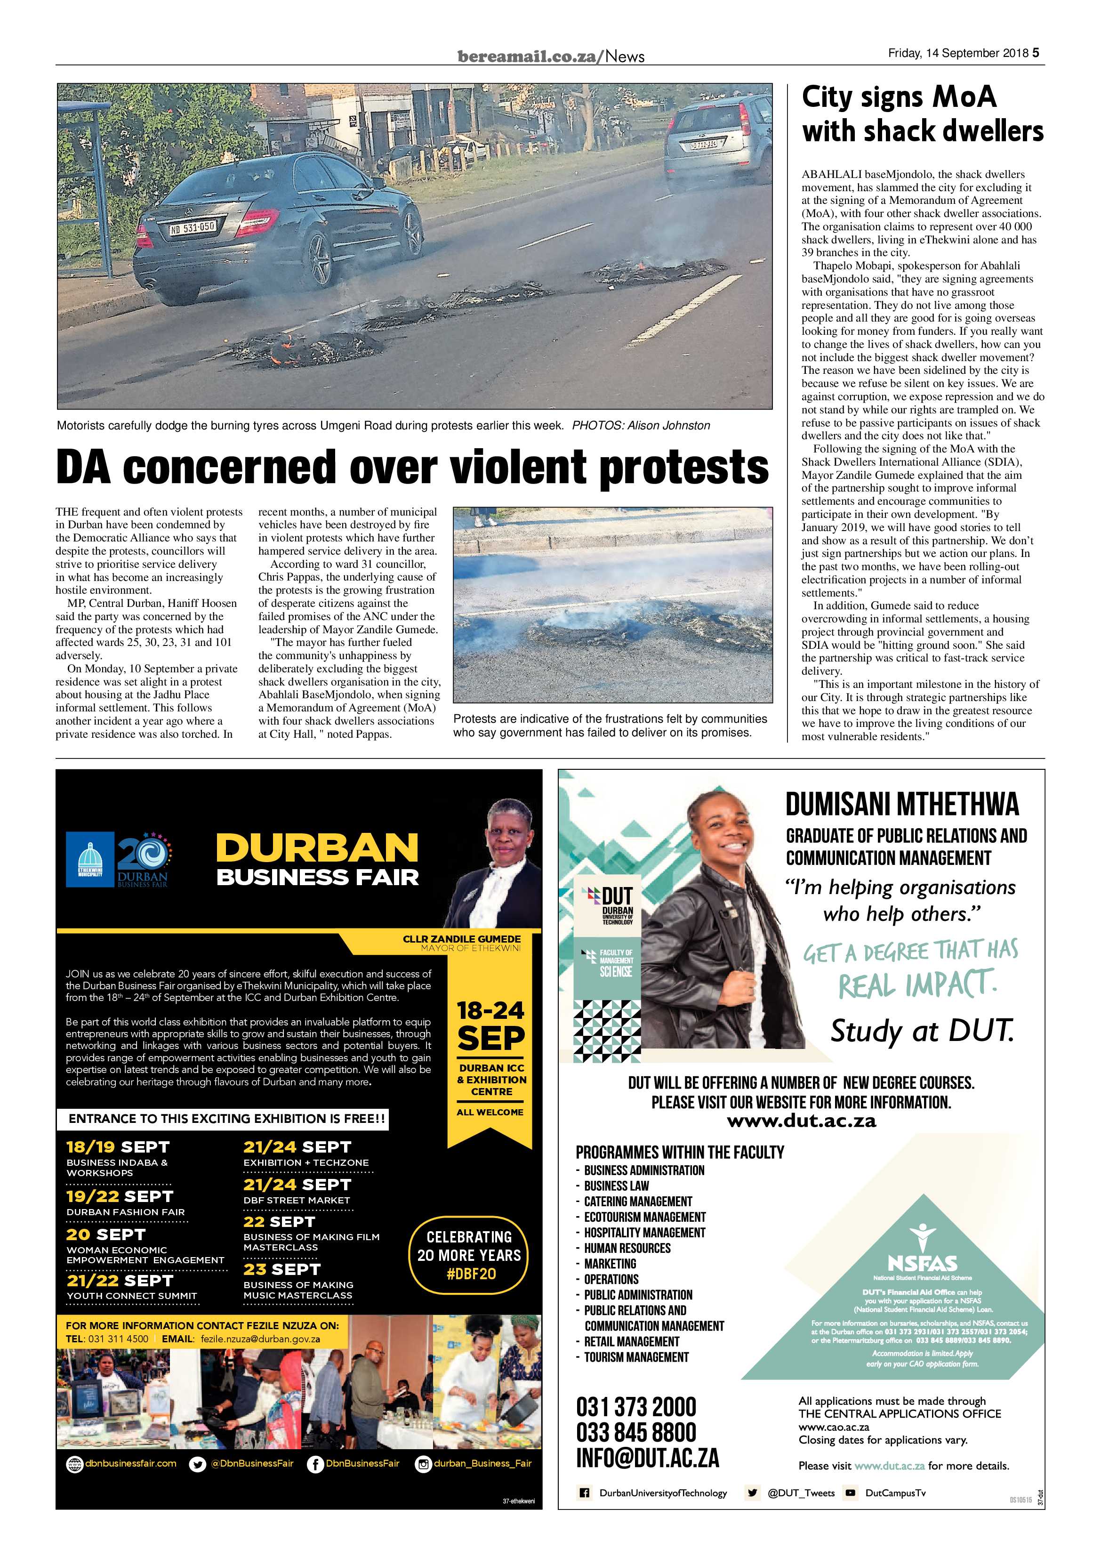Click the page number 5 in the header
(x=1036, y=53)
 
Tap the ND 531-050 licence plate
(x=192, y=228)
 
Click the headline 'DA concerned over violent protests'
(x=412, y=467)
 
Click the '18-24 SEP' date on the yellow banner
(x=491, y=1025)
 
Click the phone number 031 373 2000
(x=636, y=1407)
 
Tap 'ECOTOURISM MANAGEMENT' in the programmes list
(x=644, y=1217)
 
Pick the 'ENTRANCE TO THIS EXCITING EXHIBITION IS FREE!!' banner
(x=226, y=1119)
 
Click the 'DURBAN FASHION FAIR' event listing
(x=125, y=1212)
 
